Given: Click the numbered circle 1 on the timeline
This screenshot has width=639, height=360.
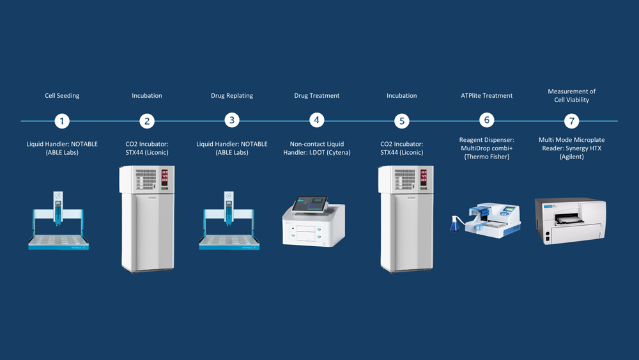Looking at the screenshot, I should (x=62, y=121).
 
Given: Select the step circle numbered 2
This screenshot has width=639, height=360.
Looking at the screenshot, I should (x=147, y=121).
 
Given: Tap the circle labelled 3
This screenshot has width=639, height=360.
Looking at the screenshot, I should (x=232, y=120).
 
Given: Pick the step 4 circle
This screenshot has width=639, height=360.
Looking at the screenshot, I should (x=316, y=120).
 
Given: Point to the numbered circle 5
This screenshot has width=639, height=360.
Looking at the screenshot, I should (x=401, y=121).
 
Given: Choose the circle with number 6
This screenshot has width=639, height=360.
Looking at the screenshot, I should (x=487, y=120).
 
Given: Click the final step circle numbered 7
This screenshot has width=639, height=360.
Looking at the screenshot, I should (x=572, y=121).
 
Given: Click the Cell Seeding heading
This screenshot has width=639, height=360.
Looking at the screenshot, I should (x=62, y=96).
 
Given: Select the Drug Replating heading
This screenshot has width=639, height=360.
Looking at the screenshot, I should (x=232, y=96).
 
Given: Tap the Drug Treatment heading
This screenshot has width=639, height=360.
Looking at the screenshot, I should (x=317, y=96).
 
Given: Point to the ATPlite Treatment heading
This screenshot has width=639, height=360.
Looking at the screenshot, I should (x=487, y=96).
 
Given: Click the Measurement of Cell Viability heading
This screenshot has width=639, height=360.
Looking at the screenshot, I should (x=572, y=95).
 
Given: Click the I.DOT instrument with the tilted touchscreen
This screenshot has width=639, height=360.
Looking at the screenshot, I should (x=313, y=221).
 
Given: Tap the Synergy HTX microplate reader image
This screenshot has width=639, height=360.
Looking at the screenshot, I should (x=570, y=221).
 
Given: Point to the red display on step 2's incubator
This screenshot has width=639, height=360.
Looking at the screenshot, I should (x=164, y=176).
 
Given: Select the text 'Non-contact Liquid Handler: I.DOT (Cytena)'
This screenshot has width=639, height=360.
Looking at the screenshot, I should (x=317, y=148).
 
